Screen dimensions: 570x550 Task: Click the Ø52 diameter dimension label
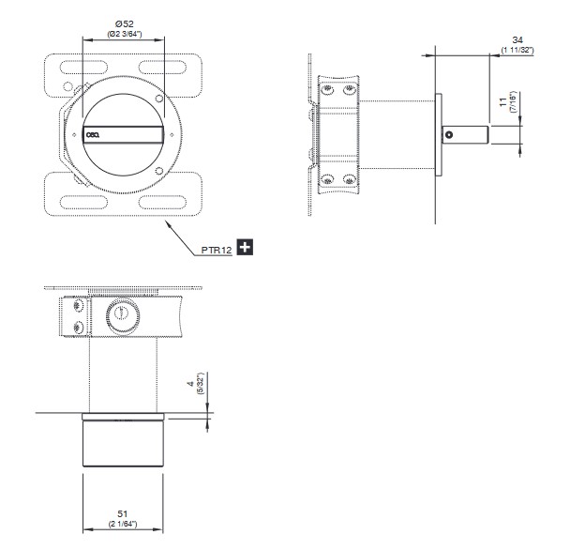[125, 24]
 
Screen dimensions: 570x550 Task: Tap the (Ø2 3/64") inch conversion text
[125, 34]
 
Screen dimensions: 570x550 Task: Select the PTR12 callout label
[217, 250]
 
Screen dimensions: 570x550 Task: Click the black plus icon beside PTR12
[245, 247]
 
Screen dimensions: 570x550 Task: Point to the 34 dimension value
[517, 39]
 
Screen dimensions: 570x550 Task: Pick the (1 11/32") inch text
[517, 50]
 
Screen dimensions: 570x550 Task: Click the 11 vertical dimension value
[503, 102]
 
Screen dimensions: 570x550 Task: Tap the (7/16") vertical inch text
[513, 102]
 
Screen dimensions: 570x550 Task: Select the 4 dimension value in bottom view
[191, 384]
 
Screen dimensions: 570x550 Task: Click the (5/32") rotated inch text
[201, 384]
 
